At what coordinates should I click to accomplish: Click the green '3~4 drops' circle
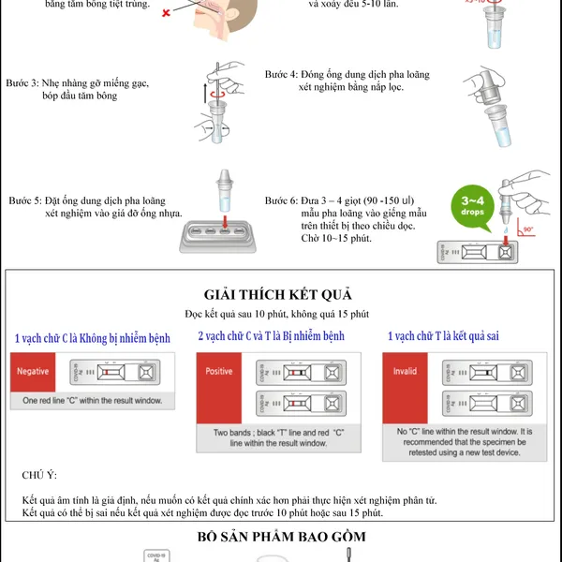(x=472, y=206)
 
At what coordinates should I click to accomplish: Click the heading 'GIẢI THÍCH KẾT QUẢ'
(x=284, y=293)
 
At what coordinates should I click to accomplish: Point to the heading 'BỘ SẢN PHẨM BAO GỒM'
(x=282, y=537)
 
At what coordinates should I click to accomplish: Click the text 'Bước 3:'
(x=22, y=82)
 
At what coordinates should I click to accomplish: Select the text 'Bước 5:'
(x=25, y=201)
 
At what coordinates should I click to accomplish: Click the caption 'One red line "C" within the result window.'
(x=92, y=401)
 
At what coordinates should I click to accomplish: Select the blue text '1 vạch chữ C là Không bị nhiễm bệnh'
(x=93, y=337)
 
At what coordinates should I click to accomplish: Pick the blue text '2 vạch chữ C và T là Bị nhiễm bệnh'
(x=272, y=335)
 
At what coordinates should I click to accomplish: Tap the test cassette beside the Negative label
(x=122, y=372)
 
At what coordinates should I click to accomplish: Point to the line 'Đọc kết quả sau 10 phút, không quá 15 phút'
(x=284, y=313)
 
